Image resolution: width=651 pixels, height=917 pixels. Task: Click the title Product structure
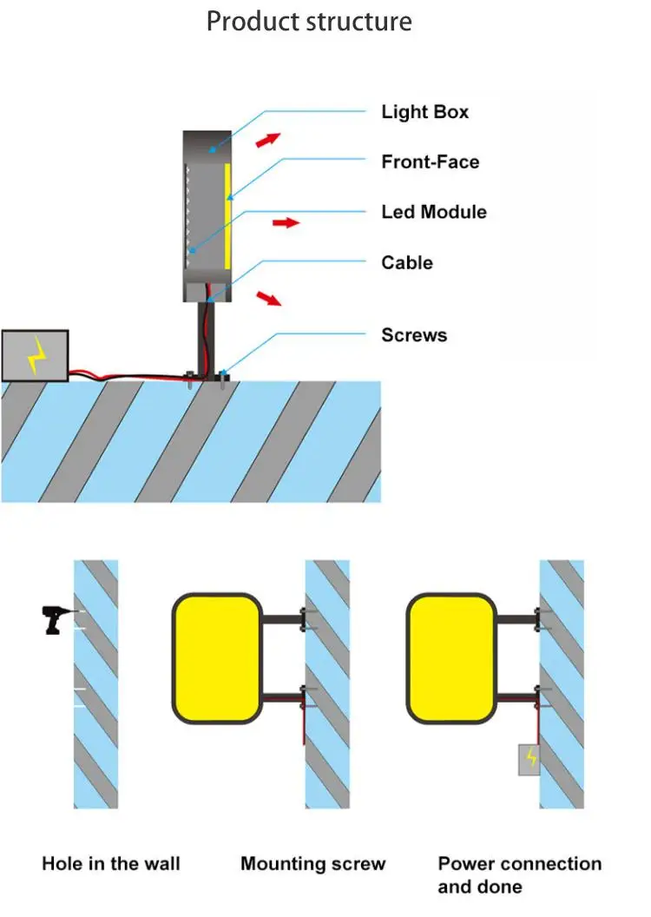308,21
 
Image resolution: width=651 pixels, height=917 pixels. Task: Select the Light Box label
424,112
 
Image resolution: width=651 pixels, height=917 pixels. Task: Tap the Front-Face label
430,162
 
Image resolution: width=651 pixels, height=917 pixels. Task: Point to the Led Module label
434,212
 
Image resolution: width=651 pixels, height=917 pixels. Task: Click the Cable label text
406,262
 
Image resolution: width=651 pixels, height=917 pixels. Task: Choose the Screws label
413,335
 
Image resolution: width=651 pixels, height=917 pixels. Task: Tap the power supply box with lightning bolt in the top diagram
35,355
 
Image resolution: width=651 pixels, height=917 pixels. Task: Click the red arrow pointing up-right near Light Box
269,139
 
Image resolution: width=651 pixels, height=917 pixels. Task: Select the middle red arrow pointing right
286,223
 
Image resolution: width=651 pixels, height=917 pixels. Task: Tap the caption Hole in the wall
111,863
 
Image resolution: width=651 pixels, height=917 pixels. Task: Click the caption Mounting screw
312,863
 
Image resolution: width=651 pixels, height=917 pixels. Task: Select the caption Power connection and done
519,874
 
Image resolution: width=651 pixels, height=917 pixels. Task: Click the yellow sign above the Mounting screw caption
217,657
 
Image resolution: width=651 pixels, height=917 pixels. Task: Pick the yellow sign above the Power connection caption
450,657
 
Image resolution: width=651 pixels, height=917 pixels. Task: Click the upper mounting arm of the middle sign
281,619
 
